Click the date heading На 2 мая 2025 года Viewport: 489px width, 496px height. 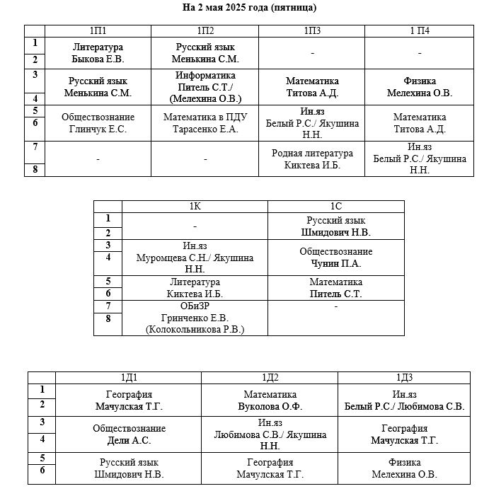[249, 7]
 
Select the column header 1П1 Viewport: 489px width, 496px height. [98, 30]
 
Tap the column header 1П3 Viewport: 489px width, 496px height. [312, 30]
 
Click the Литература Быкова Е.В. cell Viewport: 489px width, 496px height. [98, 53]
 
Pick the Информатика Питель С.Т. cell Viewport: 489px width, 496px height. [205, 87]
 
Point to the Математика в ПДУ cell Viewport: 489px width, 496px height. [205, 123]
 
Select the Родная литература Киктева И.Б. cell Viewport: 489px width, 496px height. [312, 158]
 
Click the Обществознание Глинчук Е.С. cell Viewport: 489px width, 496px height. [98, 123]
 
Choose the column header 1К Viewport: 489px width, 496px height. [195, 206]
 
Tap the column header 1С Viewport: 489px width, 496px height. [336, 206]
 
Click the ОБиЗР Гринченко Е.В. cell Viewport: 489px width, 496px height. [195, 318]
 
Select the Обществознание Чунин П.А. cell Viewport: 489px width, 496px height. [336, 258]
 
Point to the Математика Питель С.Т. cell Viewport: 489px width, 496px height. [336, 288]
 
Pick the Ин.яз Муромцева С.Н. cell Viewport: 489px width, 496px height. [195, 258]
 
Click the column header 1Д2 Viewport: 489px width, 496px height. [270, 378]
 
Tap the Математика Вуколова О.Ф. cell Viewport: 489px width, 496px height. [270, 400]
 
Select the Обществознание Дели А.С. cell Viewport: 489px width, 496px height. [128, 434]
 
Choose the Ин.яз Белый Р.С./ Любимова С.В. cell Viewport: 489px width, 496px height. [404, 400]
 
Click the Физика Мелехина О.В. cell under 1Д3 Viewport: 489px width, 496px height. [404, 468]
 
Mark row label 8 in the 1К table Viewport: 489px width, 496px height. [108, 318]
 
